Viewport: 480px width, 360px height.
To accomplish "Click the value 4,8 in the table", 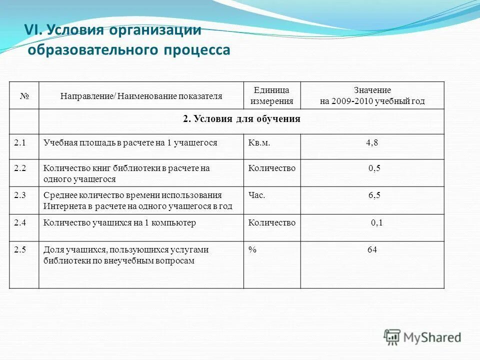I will tap(372, 142).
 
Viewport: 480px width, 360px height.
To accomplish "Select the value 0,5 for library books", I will tap(374, 168).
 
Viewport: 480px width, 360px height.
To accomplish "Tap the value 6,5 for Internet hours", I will tap(374, 195).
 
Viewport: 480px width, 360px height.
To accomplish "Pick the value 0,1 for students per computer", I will tap(376, 222).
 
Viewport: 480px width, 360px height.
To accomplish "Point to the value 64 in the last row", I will tap(372, 249).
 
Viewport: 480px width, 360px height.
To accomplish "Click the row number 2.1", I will tap(20, 142).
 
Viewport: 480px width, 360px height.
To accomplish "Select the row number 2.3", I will tap(20, 195).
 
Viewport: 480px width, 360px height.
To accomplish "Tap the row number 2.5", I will tap(20, 249).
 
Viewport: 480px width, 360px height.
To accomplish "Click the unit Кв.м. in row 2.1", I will tap(259, 142).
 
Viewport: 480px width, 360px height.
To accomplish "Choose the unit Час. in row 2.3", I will tap(257, 195).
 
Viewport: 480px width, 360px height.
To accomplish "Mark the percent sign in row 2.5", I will tap(252, 249).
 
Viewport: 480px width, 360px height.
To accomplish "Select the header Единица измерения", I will tap(271, 95).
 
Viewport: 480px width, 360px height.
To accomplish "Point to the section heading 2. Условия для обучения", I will tap(241, 119).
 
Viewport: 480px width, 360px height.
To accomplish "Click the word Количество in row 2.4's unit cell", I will tap(271, 222).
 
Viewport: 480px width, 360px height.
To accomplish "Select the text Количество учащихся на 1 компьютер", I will tap(119, 222).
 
